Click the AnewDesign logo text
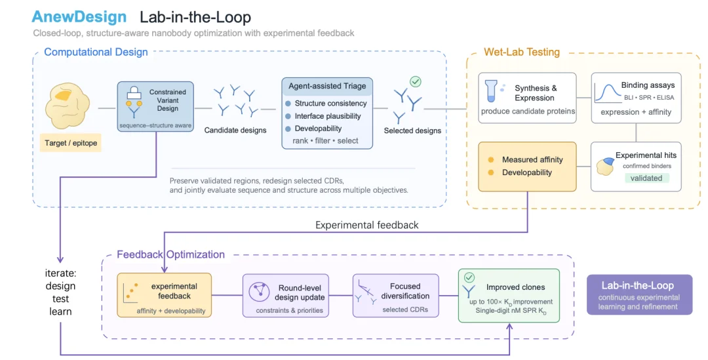79,17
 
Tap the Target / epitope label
71,143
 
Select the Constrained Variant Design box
155,107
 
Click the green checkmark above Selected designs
416,82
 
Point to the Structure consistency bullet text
330,104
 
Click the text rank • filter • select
325,141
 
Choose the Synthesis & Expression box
527,98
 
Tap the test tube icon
491,90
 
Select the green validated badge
646,178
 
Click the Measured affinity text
532,159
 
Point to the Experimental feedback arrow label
366,225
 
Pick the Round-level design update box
286,295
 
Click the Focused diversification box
395,295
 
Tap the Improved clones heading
516,287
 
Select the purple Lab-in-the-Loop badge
639,294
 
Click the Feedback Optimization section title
170,254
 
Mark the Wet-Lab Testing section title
522,52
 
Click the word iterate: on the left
60,273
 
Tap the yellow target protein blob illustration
68,106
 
